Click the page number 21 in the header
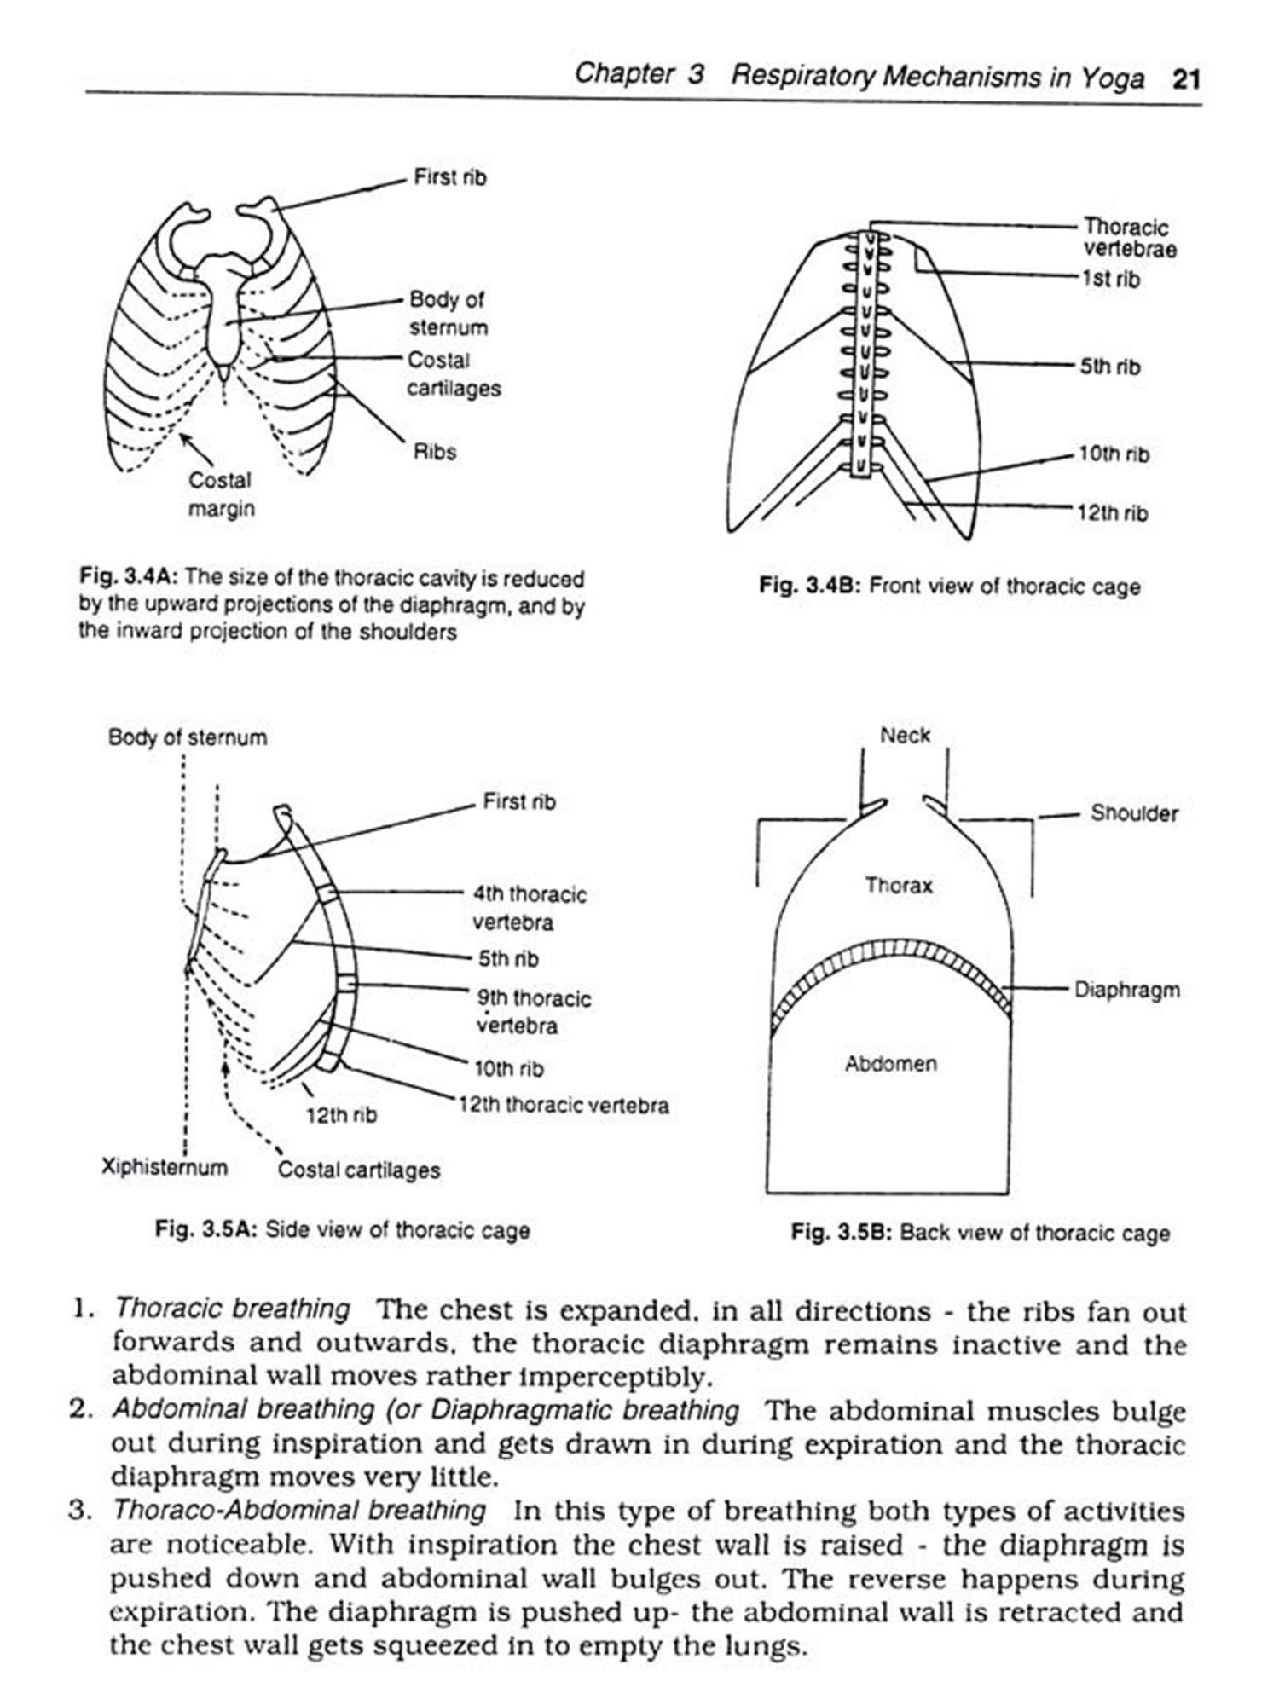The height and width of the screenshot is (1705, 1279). [1186, 79]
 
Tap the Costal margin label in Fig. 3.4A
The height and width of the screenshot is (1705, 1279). [221, 494]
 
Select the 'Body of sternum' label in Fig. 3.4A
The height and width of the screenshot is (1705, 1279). [448, 313]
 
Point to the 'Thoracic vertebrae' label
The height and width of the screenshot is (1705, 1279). [1129, 238]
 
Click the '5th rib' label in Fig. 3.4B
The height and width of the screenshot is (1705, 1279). [1109, 367]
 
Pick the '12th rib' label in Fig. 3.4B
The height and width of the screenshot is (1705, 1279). [1112, 513]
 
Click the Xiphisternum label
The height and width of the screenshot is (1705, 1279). [165, 1166]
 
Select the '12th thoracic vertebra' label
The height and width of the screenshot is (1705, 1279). [564, 1106]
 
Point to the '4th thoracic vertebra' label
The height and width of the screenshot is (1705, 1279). [530, 908]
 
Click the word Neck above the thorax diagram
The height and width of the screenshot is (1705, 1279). [905, 735]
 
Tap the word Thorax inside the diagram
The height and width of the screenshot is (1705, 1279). [899, 885]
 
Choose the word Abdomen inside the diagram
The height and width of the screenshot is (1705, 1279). [891, 1063]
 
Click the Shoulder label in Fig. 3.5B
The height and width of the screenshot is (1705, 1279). [1133, 813]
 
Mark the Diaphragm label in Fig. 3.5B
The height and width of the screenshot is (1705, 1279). [1126, 990]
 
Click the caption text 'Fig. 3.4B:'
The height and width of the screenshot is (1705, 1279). [810, 587]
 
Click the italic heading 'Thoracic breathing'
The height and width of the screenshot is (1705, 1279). [232, 1309]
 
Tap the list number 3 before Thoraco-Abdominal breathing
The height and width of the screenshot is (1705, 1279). [78, 1511]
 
